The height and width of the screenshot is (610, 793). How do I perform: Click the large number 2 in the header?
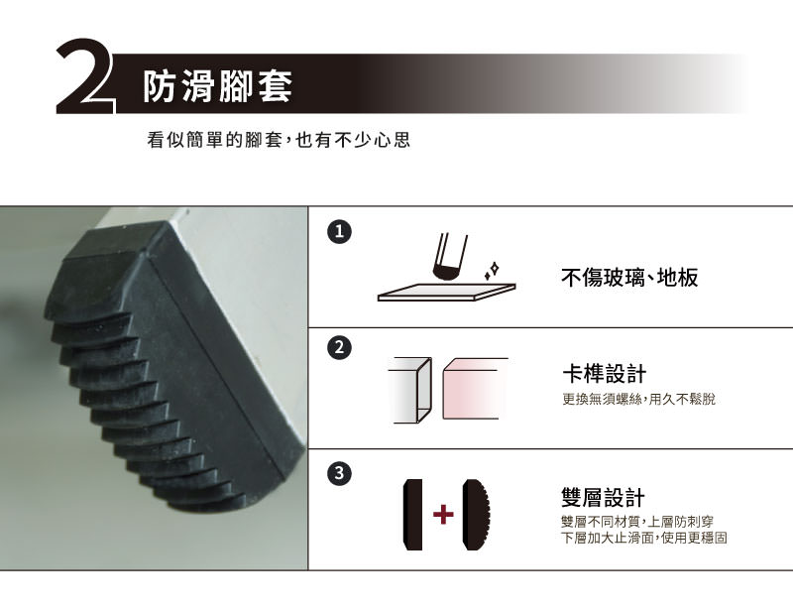pos(83,76)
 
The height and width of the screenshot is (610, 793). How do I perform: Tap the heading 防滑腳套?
pos(217,86)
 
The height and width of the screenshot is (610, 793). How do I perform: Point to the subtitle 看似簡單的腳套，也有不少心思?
pos(279,140)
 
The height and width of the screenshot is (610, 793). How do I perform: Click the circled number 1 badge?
pos(339,231)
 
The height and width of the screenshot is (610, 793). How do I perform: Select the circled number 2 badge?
pos(339,348)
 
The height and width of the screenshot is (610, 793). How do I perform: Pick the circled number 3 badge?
pos(339,473)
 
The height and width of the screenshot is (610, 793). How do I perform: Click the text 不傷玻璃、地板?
pos(629,278)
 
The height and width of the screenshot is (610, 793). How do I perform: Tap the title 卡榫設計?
pos(605,374)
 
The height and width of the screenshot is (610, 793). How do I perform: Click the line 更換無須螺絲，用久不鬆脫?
pos(638,400)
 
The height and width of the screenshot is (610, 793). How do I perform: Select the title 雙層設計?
pos(604,498)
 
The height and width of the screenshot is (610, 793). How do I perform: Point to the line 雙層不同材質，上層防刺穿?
pos(637,522)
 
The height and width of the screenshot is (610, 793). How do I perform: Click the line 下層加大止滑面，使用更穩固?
pos(644,538)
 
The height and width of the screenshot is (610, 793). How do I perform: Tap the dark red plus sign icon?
pos(443,515)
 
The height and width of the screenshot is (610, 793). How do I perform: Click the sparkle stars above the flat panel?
pos(492,271)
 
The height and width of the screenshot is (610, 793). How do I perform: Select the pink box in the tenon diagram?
pos(475,388)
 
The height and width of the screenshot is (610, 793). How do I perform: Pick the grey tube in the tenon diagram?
pos(411,390)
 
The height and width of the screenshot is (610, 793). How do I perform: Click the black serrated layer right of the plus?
pos(477,515)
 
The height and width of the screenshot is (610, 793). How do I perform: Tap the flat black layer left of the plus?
pos(412,515)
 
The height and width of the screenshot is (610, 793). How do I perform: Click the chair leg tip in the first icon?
pos(445,274)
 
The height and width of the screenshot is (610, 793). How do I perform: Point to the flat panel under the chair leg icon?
pos(447,292)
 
